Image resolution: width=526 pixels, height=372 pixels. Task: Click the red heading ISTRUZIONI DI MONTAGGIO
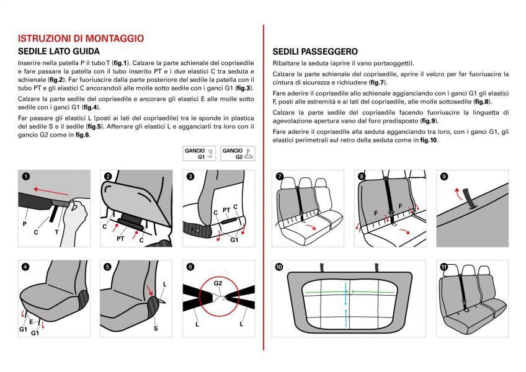coord(81,38)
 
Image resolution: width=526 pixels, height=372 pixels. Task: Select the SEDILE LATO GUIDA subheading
coord(59,51)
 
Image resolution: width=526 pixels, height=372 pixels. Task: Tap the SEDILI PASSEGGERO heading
coord(315,51)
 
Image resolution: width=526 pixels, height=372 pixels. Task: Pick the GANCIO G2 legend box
coord(237,154)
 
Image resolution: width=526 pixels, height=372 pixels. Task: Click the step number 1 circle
coord(25,177)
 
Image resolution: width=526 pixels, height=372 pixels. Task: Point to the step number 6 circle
coord(190,267)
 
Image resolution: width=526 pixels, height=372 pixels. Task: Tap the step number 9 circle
coord(444,177)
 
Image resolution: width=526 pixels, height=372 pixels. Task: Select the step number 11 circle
coord(444,267)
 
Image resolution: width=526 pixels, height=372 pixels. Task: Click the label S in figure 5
coord(156,327)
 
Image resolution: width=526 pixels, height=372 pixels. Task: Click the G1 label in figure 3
coord(234,240)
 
